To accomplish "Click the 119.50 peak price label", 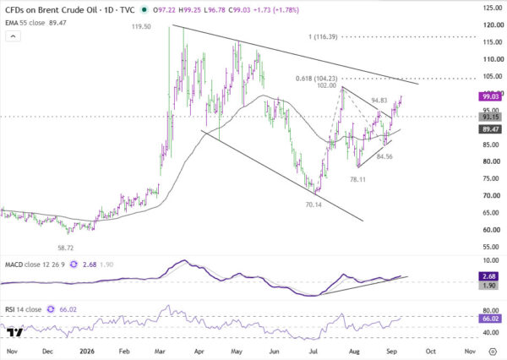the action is coord(141,26).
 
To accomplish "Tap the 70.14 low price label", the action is coord(313,205).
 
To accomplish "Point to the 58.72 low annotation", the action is coord(65,248).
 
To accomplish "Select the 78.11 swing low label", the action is coord(357,179).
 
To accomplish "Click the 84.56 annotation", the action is coord(384,156).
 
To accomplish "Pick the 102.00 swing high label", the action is coord(326,85).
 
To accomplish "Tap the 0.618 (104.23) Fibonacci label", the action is coord(317,79).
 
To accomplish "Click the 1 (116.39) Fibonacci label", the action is coord(323,37).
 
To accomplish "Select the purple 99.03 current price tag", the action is coord(490,96).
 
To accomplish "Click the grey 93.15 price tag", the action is coord(490,117).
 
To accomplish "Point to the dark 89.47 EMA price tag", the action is coord(490,129).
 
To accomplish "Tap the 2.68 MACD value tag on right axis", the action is coord(488,276).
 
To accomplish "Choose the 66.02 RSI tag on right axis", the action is coord(490,319).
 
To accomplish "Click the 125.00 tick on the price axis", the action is coord(493,8).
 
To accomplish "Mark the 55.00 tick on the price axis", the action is coord(493,247).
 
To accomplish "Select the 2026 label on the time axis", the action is coord(87,352).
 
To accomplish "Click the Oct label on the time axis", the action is coord(430,352).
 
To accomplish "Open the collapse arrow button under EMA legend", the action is coord(13,36).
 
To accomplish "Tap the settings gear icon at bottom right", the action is coord(493,352).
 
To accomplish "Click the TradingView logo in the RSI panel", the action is coord(15,332).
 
